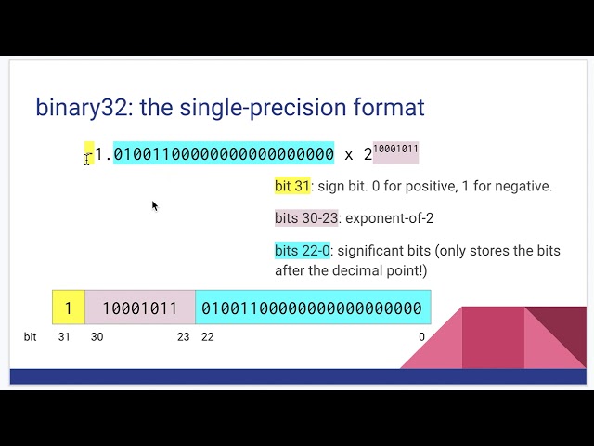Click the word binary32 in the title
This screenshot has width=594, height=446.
78,107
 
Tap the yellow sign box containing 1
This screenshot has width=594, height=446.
68,308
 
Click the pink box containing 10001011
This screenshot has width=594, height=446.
139,308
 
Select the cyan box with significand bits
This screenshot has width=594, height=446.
312,308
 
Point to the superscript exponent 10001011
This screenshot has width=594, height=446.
395,149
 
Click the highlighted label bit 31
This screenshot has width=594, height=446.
292,186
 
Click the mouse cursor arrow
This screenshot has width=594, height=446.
155,205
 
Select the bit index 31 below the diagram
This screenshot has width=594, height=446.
64,337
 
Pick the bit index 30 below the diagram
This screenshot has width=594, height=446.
97,337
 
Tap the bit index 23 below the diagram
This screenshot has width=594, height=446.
183,337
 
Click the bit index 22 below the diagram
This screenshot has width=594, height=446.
207,337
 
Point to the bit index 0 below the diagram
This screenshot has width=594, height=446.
421,337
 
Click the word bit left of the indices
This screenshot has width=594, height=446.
30,337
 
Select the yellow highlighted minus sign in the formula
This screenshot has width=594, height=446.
89,153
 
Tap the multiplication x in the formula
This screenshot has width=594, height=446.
349,154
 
